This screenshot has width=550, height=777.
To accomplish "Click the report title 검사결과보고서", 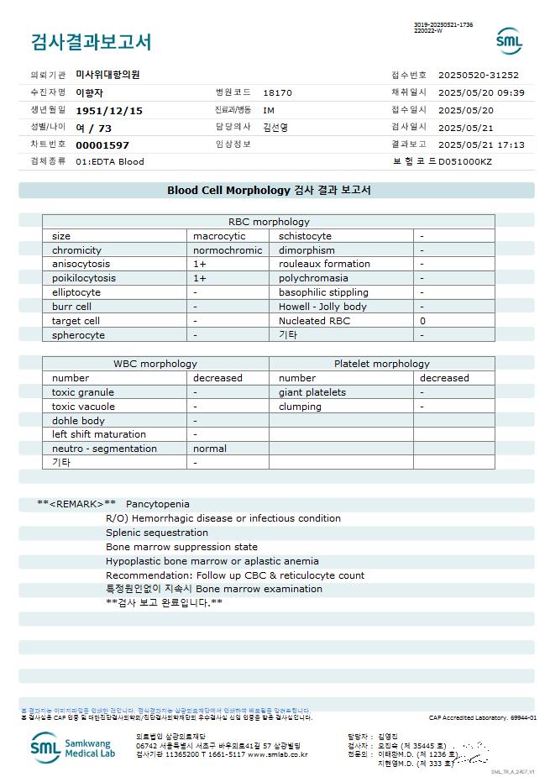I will (91, 42).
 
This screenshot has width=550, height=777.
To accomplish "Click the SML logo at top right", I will (509, 40).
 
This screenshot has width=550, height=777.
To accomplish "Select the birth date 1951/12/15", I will (109, 111).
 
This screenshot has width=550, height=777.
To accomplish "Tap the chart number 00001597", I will (102, 144).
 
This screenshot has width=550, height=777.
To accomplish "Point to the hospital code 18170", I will (277, 93).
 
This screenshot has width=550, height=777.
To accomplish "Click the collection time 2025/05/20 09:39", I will (481, 93).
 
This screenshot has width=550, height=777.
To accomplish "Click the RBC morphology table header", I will (269, 222).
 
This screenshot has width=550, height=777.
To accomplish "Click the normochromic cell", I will (228, 250).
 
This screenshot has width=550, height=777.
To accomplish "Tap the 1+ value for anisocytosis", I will (200, 264).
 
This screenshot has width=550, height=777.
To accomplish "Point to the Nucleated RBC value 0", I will (422, 321).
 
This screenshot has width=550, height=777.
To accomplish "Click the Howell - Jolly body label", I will (322, 307).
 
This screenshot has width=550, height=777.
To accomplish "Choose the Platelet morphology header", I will (381, 364).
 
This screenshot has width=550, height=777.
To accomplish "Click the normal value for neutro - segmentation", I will (210, 449).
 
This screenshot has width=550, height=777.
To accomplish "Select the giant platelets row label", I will (312, 392).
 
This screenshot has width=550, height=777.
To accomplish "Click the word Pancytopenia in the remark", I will (158, 504).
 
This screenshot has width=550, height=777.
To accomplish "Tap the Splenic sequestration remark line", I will (157, 533).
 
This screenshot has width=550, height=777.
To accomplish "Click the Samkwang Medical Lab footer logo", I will (75, 747).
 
